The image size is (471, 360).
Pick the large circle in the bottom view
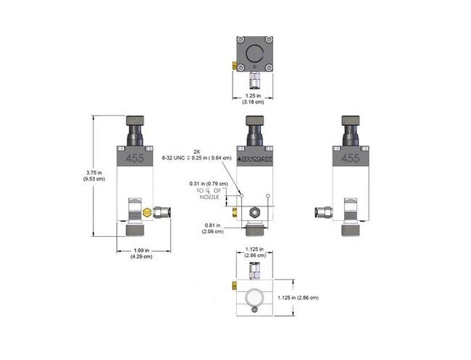[254, 297]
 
